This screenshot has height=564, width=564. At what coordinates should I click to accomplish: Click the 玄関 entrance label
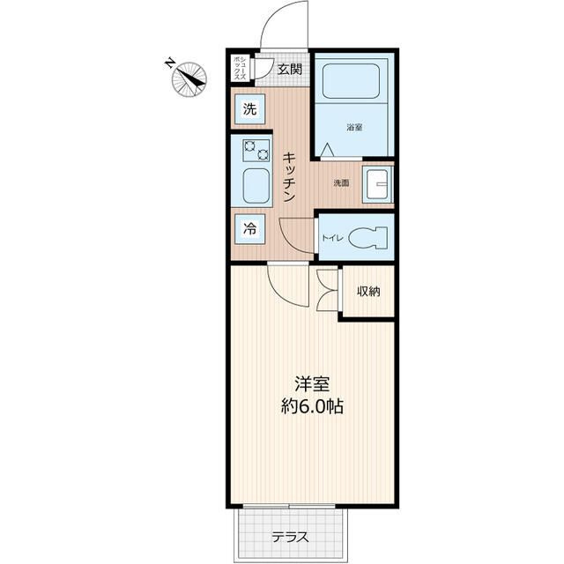(x=289, y=69)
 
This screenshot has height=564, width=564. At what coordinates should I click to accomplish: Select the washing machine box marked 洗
(x=250, y=109)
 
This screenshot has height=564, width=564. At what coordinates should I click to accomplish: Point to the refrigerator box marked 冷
(x=250, y=228)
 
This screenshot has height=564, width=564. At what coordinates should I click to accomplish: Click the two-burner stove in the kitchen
(x=256, y=150)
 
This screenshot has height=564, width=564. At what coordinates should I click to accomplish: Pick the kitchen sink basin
(x=256, y=186)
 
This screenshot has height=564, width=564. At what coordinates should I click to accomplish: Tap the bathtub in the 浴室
(x=351, y=81)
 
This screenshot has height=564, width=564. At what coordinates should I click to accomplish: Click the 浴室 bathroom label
(x=354, y=127)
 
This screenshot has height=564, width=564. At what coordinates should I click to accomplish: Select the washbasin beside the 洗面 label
(x=378, y=183)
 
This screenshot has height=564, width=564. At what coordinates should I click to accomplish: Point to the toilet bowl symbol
(x=367, y=238)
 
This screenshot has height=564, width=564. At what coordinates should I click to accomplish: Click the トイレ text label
(x=333, y=238)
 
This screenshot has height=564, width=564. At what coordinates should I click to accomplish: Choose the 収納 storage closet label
(x=368, y=292)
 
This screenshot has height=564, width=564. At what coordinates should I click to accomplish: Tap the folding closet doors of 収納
(x=328, y=290)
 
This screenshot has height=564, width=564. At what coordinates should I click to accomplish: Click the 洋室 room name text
(x=311, y=384)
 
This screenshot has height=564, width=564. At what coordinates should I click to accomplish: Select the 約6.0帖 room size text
(x=311, y=407)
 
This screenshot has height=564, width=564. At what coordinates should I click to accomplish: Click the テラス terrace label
(x=290, y=538)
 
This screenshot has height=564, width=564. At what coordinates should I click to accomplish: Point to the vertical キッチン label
(x=289, y=176)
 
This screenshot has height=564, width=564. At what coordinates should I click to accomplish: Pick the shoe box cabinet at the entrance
(x=239, y=69)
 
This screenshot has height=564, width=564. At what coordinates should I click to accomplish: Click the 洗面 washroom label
(x=341, y=183)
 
